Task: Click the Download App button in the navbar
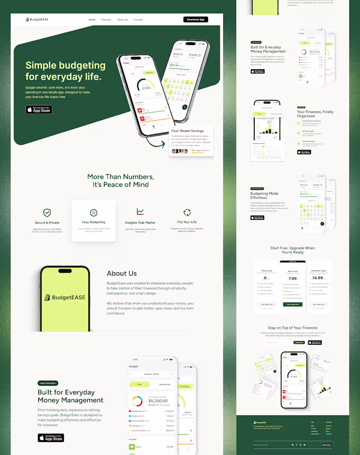[x=196, y=19]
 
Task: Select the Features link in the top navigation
[x=106, y=20]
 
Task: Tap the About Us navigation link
[x=122, y=20]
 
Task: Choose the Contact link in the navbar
[x=138, y=20]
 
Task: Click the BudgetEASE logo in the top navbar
[x=37, y=19]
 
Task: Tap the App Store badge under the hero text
[x=39, y=109]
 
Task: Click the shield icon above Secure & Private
[x=47, y=212]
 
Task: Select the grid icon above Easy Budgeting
[x=94, y=212]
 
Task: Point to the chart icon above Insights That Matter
[x=140, y=212]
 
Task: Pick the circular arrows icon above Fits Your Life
[x=187, y=212]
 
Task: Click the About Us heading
[x=121, y=273]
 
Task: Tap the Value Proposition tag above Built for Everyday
[x=48, y=383]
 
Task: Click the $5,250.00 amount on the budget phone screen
[x=158, y=400]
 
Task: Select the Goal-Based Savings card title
[x=187, y=131]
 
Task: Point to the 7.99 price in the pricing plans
[x=293, y=278]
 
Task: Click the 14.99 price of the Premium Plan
[x=318, y=278]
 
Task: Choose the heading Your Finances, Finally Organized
[x=315, y=114]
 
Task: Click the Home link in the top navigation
[x=92, y=20]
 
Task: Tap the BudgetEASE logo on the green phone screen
[x=65, y=297]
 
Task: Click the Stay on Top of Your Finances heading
[x=292, y=328]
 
